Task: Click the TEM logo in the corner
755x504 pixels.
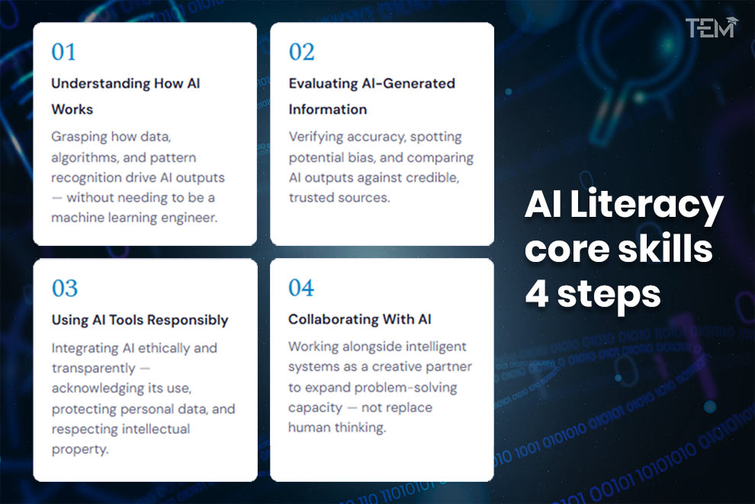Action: click(x=711, y=28)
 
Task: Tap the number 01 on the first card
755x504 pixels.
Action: click(x=64, y=53)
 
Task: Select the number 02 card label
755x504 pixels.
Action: click(x=301, y=53)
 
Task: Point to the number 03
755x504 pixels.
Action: click(x=65, y=289)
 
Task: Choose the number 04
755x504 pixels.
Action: click(x=301, y=289)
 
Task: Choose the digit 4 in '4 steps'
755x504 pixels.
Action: click(x=537, y=292)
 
